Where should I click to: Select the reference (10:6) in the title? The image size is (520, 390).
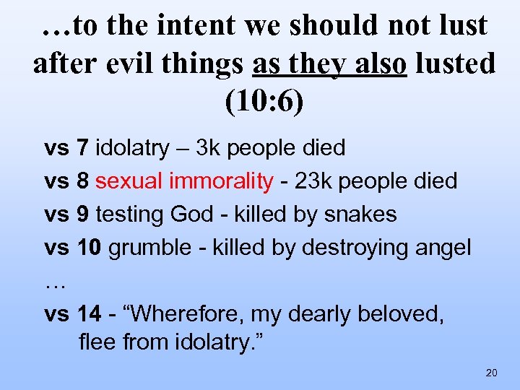[x=264, y=101]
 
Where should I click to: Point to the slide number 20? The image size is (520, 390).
[x=492, y=373]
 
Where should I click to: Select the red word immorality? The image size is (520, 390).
[x=221, y=181]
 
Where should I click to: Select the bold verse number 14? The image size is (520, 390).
[x=90, y=314]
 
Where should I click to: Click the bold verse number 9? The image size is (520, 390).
[x=82, y=214]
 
